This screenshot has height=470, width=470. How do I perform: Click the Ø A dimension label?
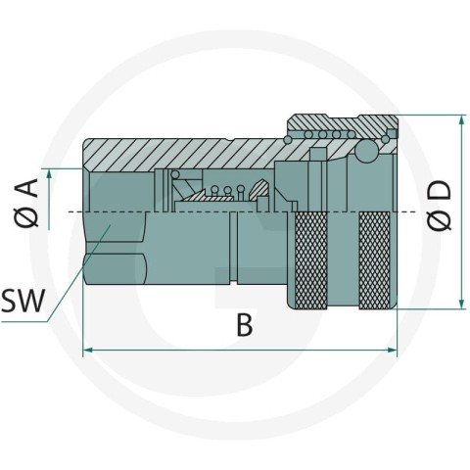pyautogui.click(x=26, y=204)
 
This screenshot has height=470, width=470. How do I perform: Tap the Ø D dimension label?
pyautogui.click(x=440, y=206)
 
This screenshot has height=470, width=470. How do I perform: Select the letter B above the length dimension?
pyautogui.click(x=245, y=325)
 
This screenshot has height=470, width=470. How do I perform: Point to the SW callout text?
pyautogui.click(x=23, y=302)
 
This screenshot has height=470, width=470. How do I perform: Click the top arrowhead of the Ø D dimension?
pyautogui.click(x=461, y=120)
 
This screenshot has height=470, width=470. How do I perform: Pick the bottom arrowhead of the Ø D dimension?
pyautogui.click(x=461, y=303)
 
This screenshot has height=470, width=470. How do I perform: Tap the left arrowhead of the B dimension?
pyautogui.click(x=89, y=350)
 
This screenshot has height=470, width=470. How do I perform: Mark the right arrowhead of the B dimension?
pyautogui.click(x=392, y=350)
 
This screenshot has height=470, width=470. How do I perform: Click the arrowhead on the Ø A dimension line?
pyautogui.click(x=49, y=174)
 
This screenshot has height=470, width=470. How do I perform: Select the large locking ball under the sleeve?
pyautogui.click(x=366, y=151)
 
